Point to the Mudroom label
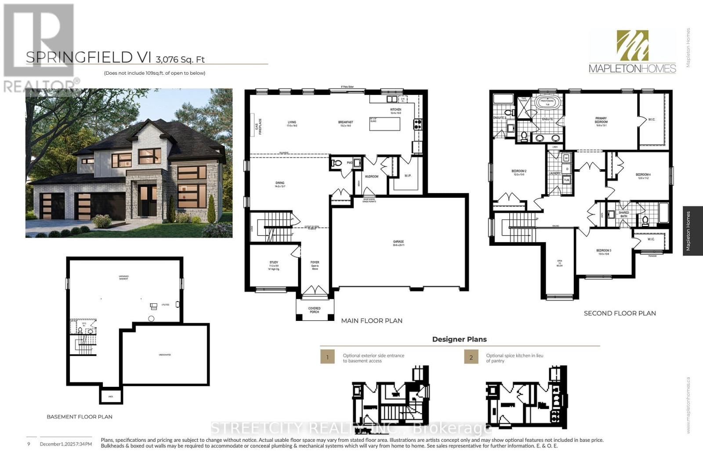(x=372, y=177)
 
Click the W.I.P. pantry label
(x=408, y=176)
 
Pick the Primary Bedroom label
(x=601, y=120)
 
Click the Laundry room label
(x=554, y=173)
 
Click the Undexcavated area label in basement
(x=164, y=354)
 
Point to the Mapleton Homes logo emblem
(x=632, y=46)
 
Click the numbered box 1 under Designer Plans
(x=327, y=357)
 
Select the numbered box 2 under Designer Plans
(x=471, y=357)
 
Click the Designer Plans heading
(x=459, y=339)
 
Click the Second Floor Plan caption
(x=620, y=313)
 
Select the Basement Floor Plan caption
(x=80, y=417)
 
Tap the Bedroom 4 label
(x=643, y=176)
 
